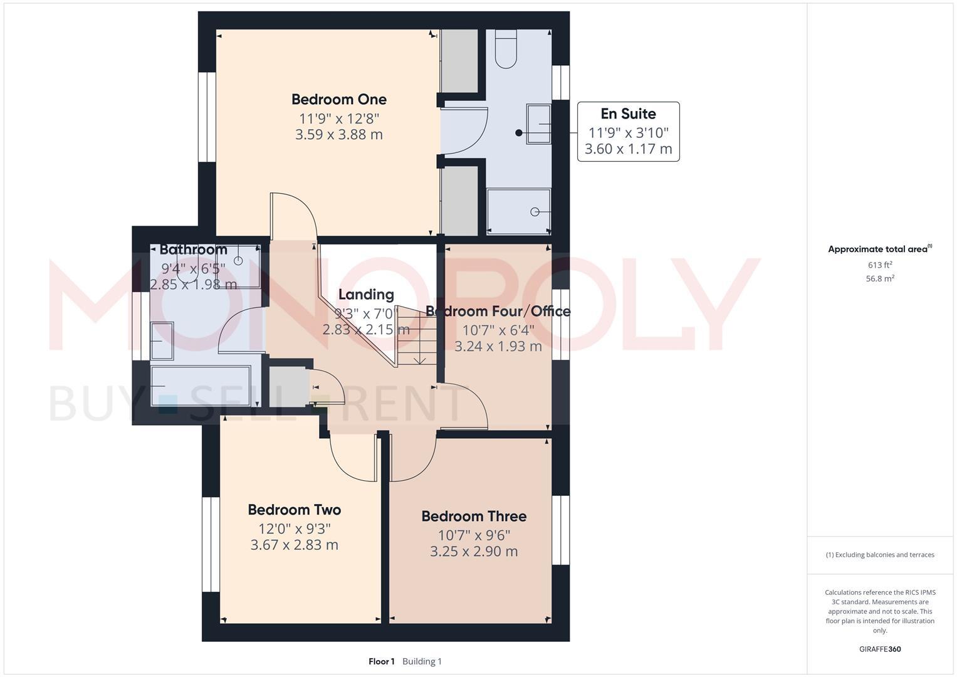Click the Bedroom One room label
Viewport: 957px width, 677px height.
tap(338, 99)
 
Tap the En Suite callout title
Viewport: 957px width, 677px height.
tap(628, 113)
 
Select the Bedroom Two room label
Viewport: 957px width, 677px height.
tap(294, 510)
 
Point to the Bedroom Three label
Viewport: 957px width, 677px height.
tap(473, 516)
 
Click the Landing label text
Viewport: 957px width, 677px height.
tap(366, 294)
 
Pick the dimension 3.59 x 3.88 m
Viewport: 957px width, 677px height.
tap(338, 134)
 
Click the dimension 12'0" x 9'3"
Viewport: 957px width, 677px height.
tap(294, 528)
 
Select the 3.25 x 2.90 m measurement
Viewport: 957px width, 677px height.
tap(473, 551)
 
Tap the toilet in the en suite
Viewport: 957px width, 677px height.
tap(506, 49)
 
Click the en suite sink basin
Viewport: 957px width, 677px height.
tap(538, 124)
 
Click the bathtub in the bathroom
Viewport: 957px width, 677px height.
tap(200, 385)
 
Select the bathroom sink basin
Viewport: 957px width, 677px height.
tap(162, 341)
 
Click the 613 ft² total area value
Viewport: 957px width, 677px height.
tap(880, 265)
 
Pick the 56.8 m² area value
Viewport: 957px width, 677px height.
tap(880, 278)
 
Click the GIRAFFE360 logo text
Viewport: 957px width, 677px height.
tap(880, 649)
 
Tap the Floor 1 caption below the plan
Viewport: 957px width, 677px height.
tap(381, 661)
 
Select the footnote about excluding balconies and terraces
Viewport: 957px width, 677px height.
tap(880, 555)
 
